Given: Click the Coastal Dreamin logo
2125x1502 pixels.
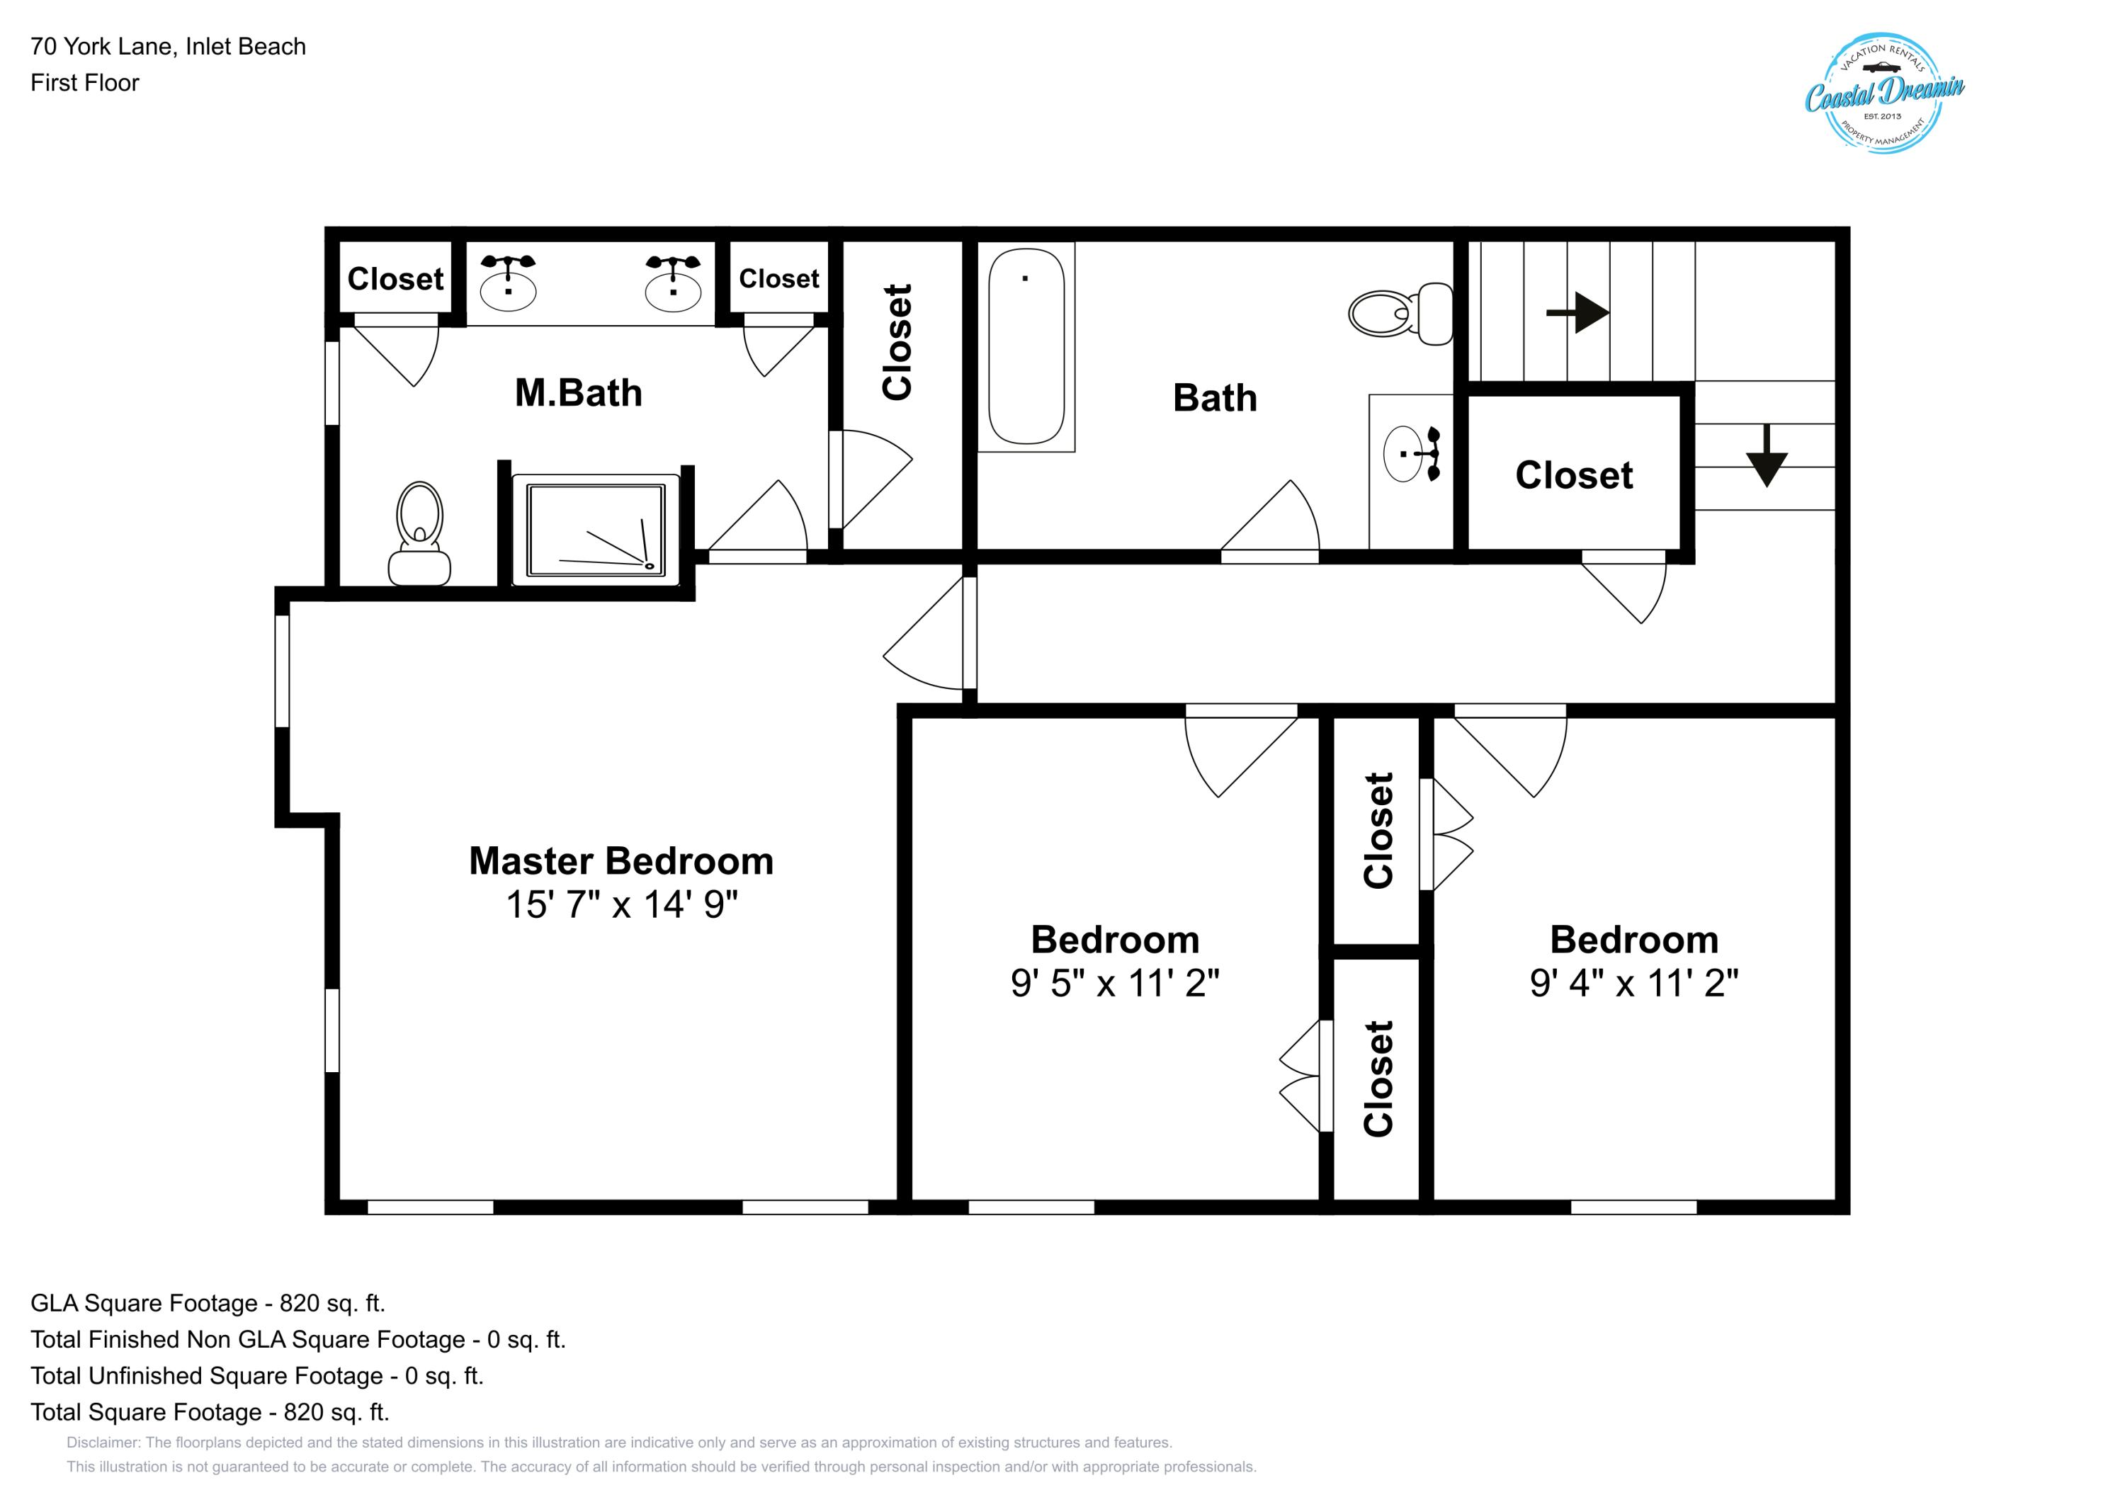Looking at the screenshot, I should click(x=1883, y=93).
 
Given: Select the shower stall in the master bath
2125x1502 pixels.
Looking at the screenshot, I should click(x=596, y=530).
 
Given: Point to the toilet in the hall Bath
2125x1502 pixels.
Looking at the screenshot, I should click(x=1400, y=313).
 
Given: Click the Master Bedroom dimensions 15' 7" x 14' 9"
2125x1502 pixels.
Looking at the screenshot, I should click(x=621, y=905).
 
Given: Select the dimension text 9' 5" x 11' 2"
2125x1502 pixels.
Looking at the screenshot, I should click(x=1114, y=983).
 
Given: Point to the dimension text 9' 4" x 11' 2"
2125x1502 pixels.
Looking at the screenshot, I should click(x=1633, y=983).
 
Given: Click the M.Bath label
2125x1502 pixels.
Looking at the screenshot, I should click(x=579, y=393).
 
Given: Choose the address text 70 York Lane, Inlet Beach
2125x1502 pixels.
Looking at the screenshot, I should click(x=167, y=46).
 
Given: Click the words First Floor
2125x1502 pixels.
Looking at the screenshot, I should click(x=84, y=82).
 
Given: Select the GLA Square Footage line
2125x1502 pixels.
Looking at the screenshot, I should click(x=208, y=1303).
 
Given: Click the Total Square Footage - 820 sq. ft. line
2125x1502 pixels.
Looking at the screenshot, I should click(x=209, y=1412).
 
